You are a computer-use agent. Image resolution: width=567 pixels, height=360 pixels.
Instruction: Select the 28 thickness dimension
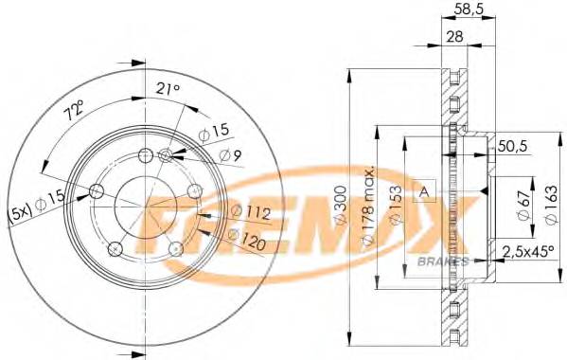click(456, 37)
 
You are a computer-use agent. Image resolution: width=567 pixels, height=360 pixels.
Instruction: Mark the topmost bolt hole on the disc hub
click(145, 157)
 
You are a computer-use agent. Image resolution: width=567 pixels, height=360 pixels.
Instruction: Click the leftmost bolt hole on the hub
click(96, 192)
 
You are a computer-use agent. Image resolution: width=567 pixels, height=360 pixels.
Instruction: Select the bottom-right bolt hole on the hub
click(175, 248)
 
